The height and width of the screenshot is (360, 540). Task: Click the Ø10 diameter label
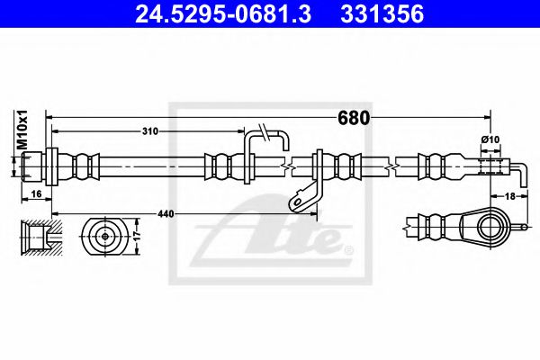490,139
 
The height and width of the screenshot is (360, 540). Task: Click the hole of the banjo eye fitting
493,224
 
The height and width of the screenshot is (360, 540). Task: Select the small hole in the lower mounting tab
294,202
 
